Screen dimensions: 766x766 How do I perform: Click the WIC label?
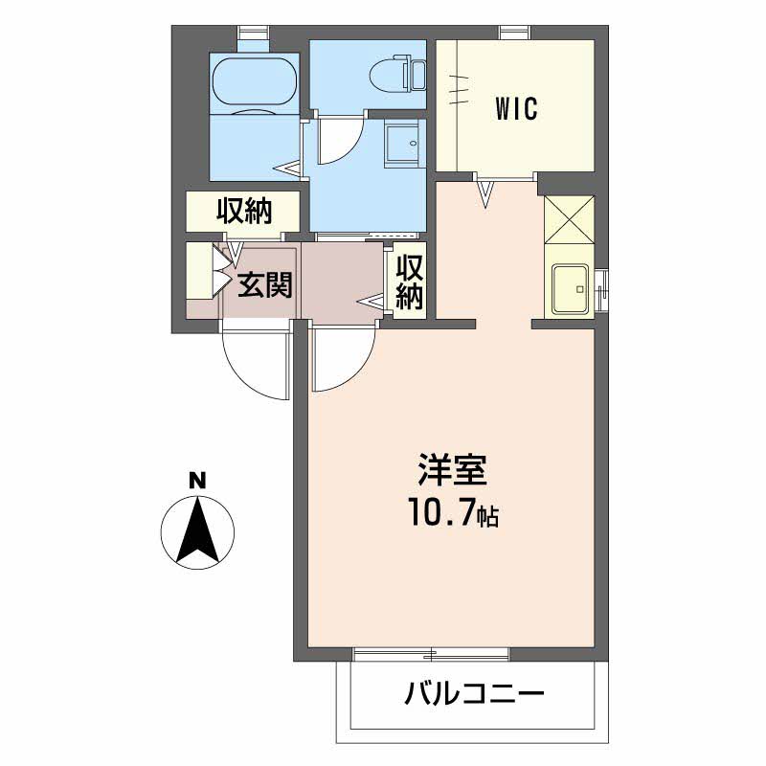[x=516, y=108]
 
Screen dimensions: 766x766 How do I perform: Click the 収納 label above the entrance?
[x=244, y=211]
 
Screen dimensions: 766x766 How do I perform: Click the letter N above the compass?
[x=196, y=482]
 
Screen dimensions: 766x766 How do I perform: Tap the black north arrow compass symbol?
[x=196, y=531]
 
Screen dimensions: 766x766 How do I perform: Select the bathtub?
[x=254, y=81]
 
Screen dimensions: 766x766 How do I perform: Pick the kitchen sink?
[x=572, y=288]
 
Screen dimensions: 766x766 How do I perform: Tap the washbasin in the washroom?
[x=402, y=146]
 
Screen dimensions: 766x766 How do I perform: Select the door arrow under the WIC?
[x=485, y=194]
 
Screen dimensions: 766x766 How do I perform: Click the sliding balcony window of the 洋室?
[x=431, y=654]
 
